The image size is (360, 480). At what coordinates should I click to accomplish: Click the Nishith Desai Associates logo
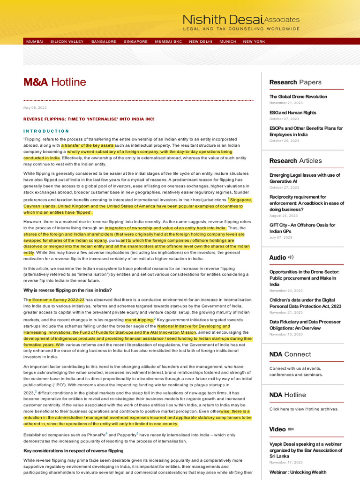[241, 22]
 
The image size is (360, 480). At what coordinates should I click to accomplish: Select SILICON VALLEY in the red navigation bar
[67, 42]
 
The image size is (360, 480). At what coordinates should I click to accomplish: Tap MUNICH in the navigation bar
[228, 42]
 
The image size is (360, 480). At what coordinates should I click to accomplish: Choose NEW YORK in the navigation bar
[254, 42]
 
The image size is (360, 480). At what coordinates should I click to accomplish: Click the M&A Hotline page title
[55, 82]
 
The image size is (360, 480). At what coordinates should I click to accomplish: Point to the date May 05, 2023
[35, 108]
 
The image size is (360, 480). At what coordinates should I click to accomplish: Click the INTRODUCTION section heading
[46, 131]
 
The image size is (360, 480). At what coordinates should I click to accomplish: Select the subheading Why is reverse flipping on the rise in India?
[67, 290]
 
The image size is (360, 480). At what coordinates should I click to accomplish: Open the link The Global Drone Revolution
[298, 97]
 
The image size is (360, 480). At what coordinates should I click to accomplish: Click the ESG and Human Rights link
[292, 112]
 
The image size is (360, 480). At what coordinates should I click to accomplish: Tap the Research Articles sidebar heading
[295, 160]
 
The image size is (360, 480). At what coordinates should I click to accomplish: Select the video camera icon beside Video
[291, 429]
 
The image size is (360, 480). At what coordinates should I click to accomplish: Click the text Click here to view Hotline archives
[304, 409]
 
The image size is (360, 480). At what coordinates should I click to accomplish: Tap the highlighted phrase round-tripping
[139, 320]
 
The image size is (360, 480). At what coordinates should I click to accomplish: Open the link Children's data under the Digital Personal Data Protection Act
[305, 303]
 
